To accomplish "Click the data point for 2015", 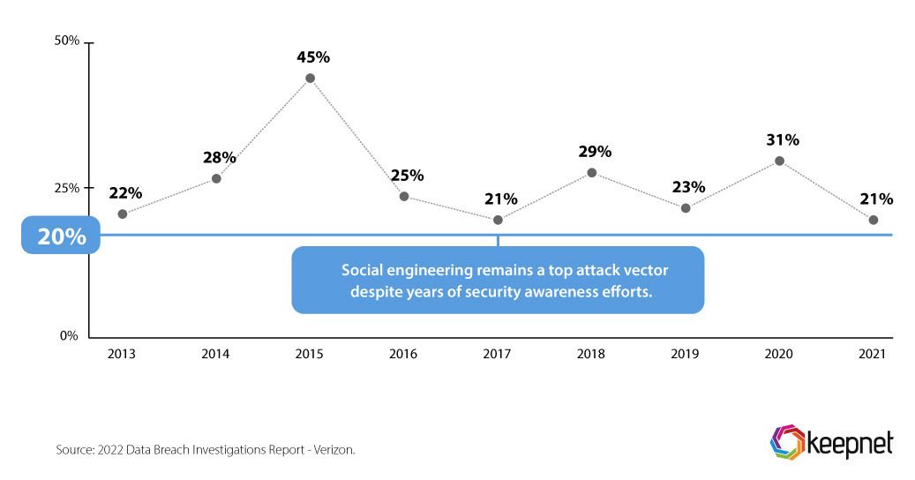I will (x=310, y=79).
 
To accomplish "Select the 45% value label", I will (x=312, y=57).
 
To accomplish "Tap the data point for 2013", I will (x=122, y=214).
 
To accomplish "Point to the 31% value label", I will (x=782, y=139).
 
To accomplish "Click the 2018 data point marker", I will (x=592, y=173).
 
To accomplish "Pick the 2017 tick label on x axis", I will (x=498, y=354).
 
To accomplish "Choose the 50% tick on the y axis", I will (x=68, y=41).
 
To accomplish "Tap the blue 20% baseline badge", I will (x=61, y=236).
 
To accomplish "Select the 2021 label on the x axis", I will (x=873, y=354).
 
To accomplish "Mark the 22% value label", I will (x=125, y=193).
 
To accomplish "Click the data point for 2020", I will (x=779, y=161).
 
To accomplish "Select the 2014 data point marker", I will (x=216, y=179).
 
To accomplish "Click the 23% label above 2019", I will (x=687, y=187).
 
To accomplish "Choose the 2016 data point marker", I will (x=404, y=196).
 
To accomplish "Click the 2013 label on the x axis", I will (x=122, y=354).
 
